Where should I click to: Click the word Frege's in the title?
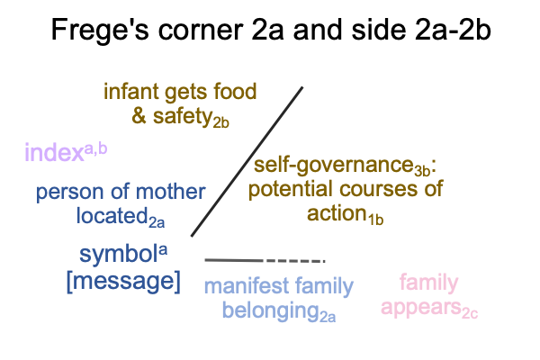pos(100,31)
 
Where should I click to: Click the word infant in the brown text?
pos(131,91)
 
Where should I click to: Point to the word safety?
pos(182,116)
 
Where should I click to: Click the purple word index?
pos(54,153)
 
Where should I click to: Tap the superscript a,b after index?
pos(95,149)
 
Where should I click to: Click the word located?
pos(112,216)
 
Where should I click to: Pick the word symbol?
pos(119,255)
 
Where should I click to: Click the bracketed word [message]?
pos(123,282)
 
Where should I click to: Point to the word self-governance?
pos(333,166)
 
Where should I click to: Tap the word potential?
pos(290,189)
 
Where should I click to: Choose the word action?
pos(337,213)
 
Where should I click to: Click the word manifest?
pos(247,285)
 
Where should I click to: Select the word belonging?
pos(271,310)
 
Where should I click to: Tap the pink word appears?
pos(421,307)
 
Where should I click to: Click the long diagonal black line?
pos(247,162)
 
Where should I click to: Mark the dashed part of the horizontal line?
pos(295,261)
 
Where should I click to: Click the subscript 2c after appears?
pos(470,314)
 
